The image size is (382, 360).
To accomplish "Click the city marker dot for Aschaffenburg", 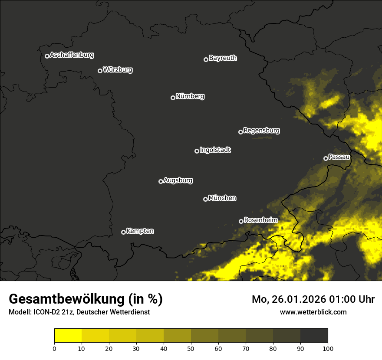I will [x=47, y=56].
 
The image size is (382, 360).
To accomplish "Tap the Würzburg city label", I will [x=118, y=70].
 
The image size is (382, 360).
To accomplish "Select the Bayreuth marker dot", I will [x=206, y=59].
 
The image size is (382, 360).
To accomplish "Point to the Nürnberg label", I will [x=190, y=96].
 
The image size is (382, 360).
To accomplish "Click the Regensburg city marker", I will [x=240, y=132].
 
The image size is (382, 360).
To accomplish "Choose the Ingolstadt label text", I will [x=215, y=150].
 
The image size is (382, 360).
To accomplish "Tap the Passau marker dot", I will [x=326, y=158].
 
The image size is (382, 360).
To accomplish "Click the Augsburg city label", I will [x=178, y=180].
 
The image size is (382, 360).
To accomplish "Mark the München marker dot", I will [x=205, y=200].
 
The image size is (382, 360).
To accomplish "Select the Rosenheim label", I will [x=260, y=220].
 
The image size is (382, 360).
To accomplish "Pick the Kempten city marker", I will [x=123, y=232].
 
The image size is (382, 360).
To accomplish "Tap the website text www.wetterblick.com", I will [x=313, y=312].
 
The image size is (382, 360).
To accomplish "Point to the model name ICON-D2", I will [x=43, y=312].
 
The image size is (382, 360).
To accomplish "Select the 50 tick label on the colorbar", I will [x=191, y=348].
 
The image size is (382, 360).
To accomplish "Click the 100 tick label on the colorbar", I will [x=328, y=348].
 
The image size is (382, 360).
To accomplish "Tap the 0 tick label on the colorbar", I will [x=54, y=348].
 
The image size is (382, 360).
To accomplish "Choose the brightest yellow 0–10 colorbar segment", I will [x=68, y=336].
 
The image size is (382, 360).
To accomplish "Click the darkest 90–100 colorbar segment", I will [x=314, y=336].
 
